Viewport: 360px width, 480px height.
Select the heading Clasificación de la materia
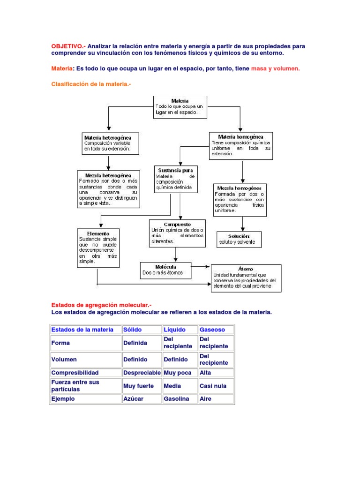click(90, 83)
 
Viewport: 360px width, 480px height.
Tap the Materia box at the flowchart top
click(180, 107)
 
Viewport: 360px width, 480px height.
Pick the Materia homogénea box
click(241, 145)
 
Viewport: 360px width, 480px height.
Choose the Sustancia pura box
click(176, 179)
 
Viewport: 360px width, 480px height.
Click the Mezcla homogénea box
click(240, 199)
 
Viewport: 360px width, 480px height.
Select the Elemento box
click(98, 248)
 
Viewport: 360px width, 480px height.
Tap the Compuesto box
click(177, 233)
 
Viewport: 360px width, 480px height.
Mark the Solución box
click(239, 239)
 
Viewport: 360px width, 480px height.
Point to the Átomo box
click(246, 278)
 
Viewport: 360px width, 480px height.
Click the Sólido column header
click(142, 330)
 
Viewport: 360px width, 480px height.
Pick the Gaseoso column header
click(216, 330)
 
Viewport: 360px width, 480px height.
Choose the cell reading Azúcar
click(142, 399)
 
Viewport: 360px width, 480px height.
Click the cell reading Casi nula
click(216, 386)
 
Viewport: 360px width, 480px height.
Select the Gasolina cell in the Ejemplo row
click(180, 399)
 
